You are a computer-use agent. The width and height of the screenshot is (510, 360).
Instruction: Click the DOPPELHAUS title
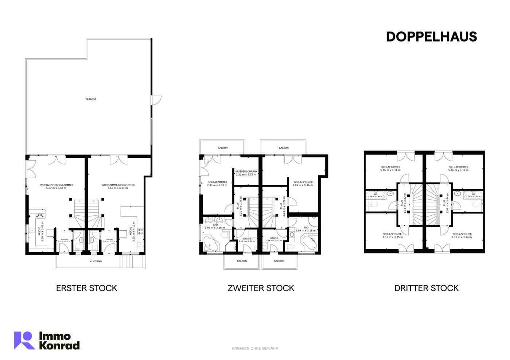tap(431, 37)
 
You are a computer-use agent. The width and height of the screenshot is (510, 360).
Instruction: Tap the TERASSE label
tap(91, 99)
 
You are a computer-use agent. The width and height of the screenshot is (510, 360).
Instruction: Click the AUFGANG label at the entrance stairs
tap(96, 261)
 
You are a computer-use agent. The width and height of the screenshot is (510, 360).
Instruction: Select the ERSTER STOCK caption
tap(87, 288)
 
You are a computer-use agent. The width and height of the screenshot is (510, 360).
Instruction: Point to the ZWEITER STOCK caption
tap(261, 288)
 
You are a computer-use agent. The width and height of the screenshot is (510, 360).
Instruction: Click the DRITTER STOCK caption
tap(426, 288)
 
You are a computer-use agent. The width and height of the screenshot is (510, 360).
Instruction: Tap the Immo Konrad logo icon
tap(24, 340)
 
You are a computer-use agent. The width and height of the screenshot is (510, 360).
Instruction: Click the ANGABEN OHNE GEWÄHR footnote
tap(255, 349)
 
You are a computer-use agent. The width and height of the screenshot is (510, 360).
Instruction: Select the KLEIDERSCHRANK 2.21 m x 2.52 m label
tap(246, 173)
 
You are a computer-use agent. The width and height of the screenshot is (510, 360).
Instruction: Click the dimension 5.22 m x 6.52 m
tap(56, 188)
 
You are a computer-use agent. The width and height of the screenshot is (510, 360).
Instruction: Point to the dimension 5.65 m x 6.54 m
tap(118, 188)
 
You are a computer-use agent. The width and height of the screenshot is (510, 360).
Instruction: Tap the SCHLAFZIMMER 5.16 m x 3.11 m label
tap(390, 169)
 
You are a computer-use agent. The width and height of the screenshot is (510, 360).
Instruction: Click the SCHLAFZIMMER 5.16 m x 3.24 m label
tap(462, 236)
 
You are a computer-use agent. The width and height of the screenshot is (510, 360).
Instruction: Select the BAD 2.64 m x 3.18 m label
tap(305, 229)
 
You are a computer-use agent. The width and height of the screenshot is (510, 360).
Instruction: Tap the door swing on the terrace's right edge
tap(156, 100)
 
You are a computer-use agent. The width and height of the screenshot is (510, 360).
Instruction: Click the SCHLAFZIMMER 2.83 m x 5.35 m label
tap(217, 184)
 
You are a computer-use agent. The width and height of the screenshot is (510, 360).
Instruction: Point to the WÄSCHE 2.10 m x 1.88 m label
tap(247, 240)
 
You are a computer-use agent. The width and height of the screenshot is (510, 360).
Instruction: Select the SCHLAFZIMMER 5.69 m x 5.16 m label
tap(303, 184)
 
